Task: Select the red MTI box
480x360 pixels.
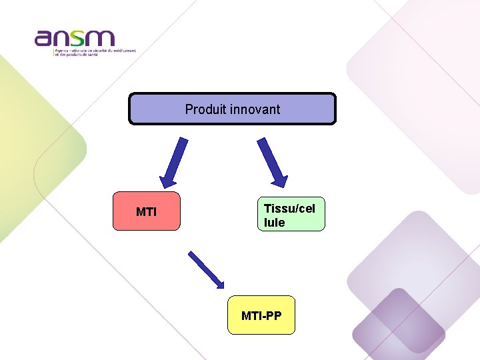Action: (x=146, y=211)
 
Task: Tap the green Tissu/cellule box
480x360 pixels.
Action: (x=291, y=215)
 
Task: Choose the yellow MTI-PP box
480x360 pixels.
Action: (x=261, y=315)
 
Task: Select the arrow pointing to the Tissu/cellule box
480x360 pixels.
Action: (x=272, y=161)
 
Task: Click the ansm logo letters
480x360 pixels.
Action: (x=75, y=39)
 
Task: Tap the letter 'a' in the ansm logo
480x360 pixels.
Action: (x=44, y=39)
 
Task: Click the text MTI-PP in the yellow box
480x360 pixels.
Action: (x=261, y=315)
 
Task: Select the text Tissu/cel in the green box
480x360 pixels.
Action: (x=289, y=208)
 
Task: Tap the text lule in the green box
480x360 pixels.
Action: (x=274, y=223)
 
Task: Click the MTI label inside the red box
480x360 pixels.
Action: (x=146, y=212)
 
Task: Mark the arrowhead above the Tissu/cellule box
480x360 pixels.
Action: (x=280, y=179)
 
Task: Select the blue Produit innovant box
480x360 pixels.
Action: (x=232, y=109)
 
